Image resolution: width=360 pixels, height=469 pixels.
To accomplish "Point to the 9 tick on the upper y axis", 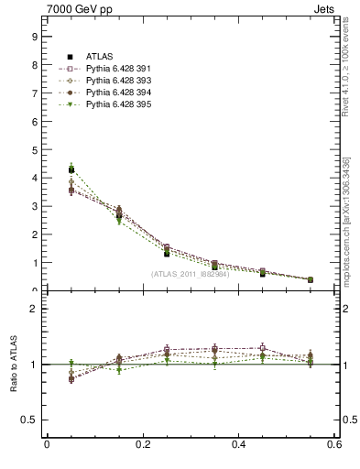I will (x=34, y=37).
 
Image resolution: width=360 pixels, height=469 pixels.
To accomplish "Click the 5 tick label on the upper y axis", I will (x=34, y=150).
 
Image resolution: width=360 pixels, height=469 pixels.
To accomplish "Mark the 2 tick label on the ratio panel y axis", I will (x=34, y=309).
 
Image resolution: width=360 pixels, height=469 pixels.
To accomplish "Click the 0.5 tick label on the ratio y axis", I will (x=30, y=420).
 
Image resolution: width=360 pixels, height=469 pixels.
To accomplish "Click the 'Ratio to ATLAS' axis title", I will (x=13, y=364).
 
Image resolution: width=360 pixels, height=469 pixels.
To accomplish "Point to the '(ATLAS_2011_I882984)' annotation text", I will (x=190, y=273).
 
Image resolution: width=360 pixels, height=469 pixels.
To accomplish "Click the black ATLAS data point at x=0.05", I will (x=71, y=169).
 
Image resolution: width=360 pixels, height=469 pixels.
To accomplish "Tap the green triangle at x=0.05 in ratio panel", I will (x=71, y=364).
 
